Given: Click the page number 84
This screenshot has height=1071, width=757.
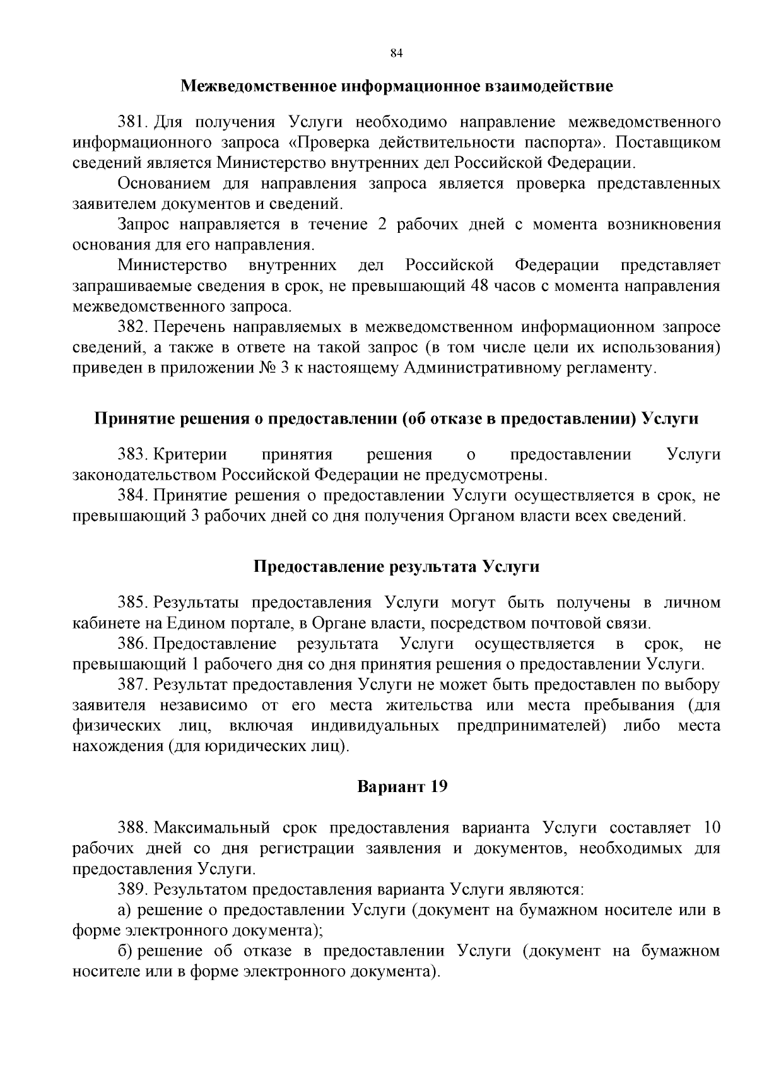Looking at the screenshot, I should (397, 53).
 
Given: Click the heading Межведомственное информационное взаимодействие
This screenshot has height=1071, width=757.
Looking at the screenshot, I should (397, 86).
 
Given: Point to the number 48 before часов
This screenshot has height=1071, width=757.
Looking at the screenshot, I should (481, 286).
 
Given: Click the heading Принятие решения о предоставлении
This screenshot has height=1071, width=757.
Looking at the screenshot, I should (397, 418).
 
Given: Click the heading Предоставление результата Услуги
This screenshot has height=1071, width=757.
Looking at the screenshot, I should (397, 566).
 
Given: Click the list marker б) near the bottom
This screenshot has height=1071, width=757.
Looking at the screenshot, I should (125, 951).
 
